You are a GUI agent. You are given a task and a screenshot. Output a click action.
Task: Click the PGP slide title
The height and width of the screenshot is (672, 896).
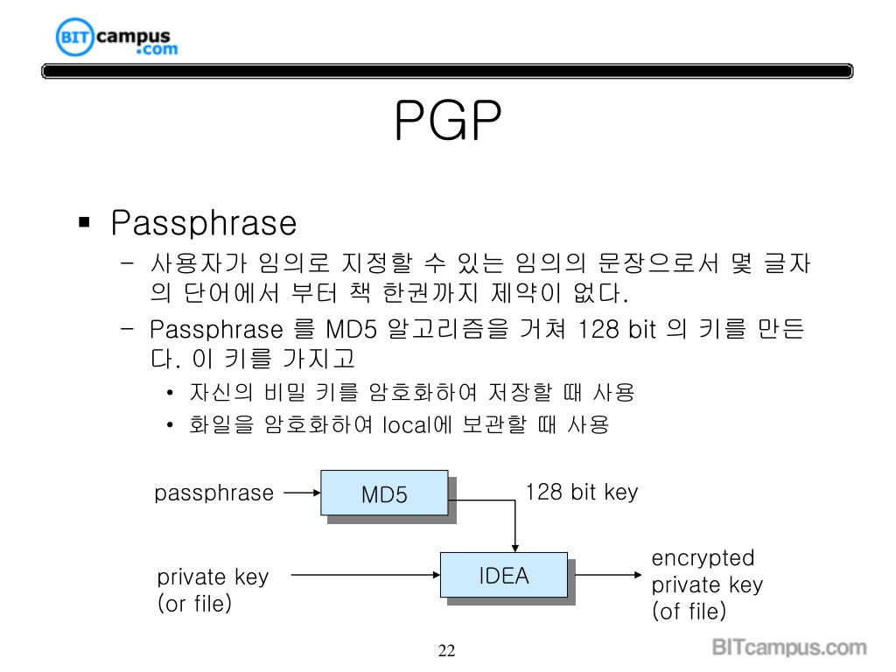pos(447,121)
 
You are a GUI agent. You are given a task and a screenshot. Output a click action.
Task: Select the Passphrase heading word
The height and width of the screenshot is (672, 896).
pos(203,223)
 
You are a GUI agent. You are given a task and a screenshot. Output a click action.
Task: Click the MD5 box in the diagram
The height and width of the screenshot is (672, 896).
pos(385,493)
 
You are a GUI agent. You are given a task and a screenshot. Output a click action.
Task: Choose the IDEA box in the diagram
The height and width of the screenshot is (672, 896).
pos(503,576)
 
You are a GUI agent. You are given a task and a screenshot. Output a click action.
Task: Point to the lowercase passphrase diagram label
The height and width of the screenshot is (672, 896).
pos(213,493)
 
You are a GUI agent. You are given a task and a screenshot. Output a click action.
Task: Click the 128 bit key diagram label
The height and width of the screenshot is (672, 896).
pos(581,492)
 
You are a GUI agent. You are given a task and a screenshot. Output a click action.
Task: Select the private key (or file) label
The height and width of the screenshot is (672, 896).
pos(213,590)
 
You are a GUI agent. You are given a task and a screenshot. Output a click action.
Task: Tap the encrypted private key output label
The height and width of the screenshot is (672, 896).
pos(707,584)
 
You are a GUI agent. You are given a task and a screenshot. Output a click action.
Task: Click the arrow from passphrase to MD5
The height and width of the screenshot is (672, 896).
pos(303,493)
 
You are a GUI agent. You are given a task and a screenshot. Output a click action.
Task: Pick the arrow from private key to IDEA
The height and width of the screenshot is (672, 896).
pos(364,575)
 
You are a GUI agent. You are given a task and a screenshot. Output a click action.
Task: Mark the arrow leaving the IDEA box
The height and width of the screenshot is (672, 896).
pos(605,575)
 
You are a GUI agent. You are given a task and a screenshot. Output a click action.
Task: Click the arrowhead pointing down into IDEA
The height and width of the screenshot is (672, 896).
pos(514,546)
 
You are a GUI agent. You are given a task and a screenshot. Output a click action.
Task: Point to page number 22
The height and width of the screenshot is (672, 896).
pos(447,650)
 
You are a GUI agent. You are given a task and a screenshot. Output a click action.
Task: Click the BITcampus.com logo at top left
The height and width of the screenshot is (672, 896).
pos(115,39)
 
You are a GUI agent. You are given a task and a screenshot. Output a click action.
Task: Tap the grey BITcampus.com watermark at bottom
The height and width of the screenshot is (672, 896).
pos(788,648)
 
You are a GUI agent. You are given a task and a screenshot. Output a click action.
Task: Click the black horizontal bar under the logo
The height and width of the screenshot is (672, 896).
pos(447,72)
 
